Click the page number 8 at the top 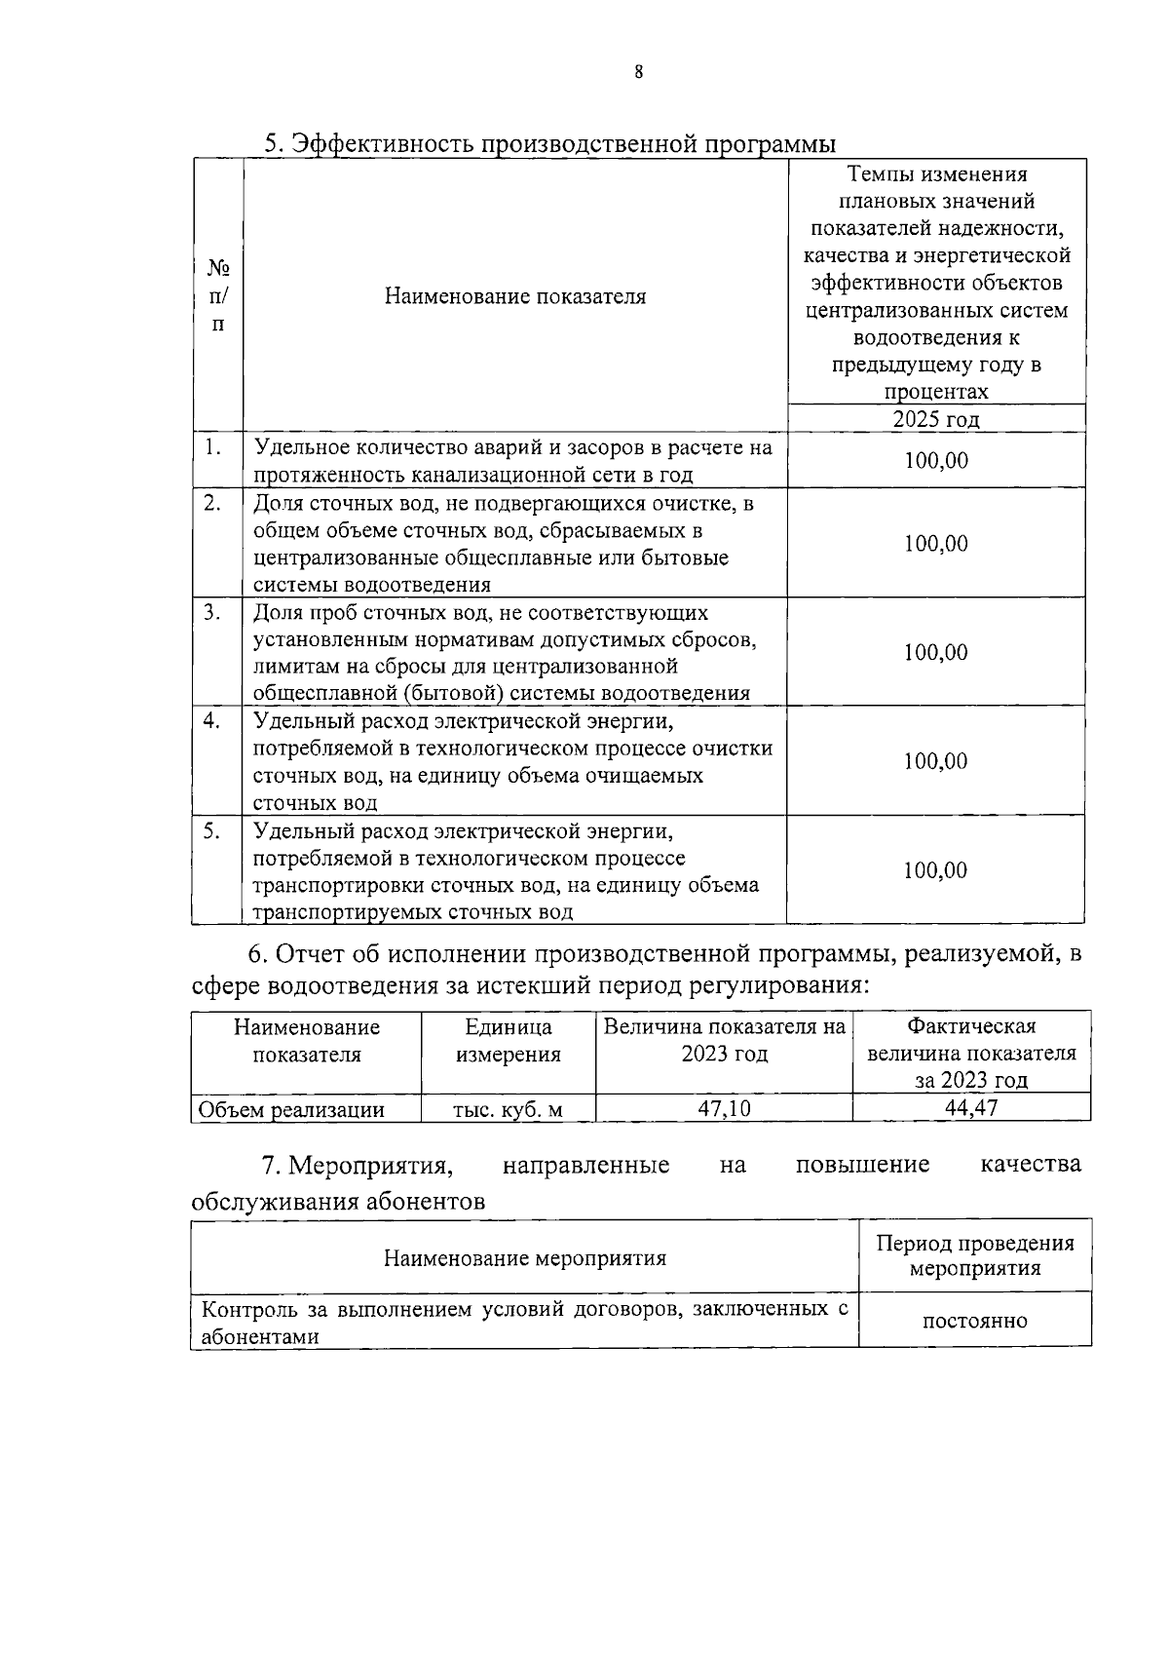pos(638,72)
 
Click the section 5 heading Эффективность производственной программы pos(550,143)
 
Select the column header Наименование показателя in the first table pos(514,296)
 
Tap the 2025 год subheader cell pos(935,419)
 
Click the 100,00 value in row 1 pos(935,460)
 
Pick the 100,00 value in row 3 pos(935,652)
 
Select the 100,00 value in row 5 pos(935,869)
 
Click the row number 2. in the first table pos(212,503)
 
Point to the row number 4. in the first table pos(212,720)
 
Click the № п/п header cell pos(218,295)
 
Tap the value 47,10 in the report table pos(723,1108)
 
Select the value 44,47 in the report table pos(970,1108)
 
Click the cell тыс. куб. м pos(508,1109)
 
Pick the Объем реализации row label pos(291,1109)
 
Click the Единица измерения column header pos(508,1040)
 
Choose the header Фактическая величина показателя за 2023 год pos(970,1053)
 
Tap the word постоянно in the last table pos(974,1321)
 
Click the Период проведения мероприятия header pos(974,1255)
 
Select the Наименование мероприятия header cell pos(524,1257)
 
